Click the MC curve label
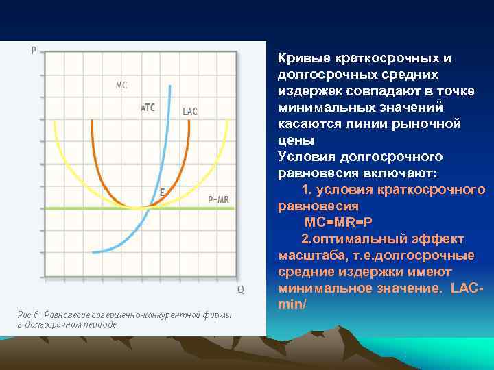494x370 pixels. pyautogui.click(x=121, y=86)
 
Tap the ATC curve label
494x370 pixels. pyautogui.click(x=148, y=108)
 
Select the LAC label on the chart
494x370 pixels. pyautogui.click(x=190, y=112)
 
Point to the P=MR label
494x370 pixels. pyautogui.click(x=218, y=199)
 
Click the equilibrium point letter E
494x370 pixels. pyautogui.click(x=161, y=193)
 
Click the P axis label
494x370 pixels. pyautogui.click(x=34, y=50)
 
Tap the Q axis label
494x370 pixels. pyautogui.click(x=240, y=289)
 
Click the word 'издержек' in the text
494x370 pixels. pyautogui.click(x=308, y=91)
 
